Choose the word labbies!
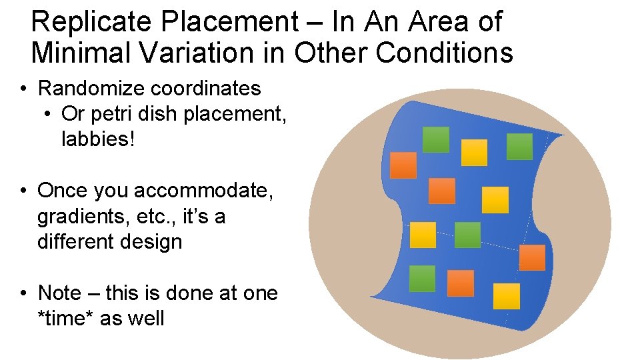point(98,140)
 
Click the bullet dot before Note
point(23,293)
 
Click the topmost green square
point(436,139)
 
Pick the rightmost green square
point(519,147)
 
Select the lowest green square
point(422,279)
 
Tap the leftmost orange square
point(403,165)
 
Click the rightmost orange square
point(532,257)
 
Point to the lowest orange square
point(461,283)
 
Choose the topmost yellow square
point(475,153)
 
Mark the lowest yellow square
point(507,296)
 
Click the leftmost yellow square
point(423,235)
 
